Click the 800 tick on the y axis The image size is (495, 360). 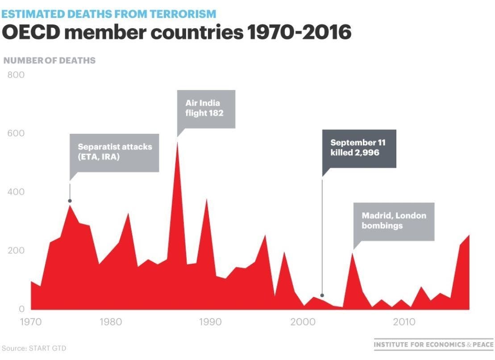pyautogui.click(x=16, y=75)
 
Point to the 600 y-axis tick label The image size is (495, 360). pyautogui.click(x=16, y=133)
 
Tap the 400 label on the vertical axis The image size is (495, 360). pyautogui.click(x=16, y=192)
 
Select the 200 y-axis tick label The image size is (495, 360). pyautogui.click(x=16, y=250)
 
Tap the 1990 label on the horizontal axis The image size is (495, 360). pyautogui.click(x=208, y=322)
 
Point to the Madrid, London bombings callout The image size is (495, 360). pyautogui.click(x=394, y=221)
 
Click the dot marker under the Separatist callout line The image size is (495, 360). pyautogui.click(x=70, y=201)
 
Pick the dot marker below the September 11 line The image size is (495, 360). pyautogui.click(x=322, y=295)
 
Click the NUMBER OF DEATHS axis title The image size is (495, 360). pyautogui.click(x=50, y=60)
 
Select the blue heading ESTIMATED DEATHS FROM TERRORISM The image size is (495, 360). pyautogui.click(x=109, y=14)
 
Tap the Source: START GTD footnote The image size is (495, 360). pyautogui.click(x=34, y=348)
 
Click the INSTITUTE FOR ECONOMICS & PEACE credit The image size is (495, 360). pyautogui.click(x=433, y=344)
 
